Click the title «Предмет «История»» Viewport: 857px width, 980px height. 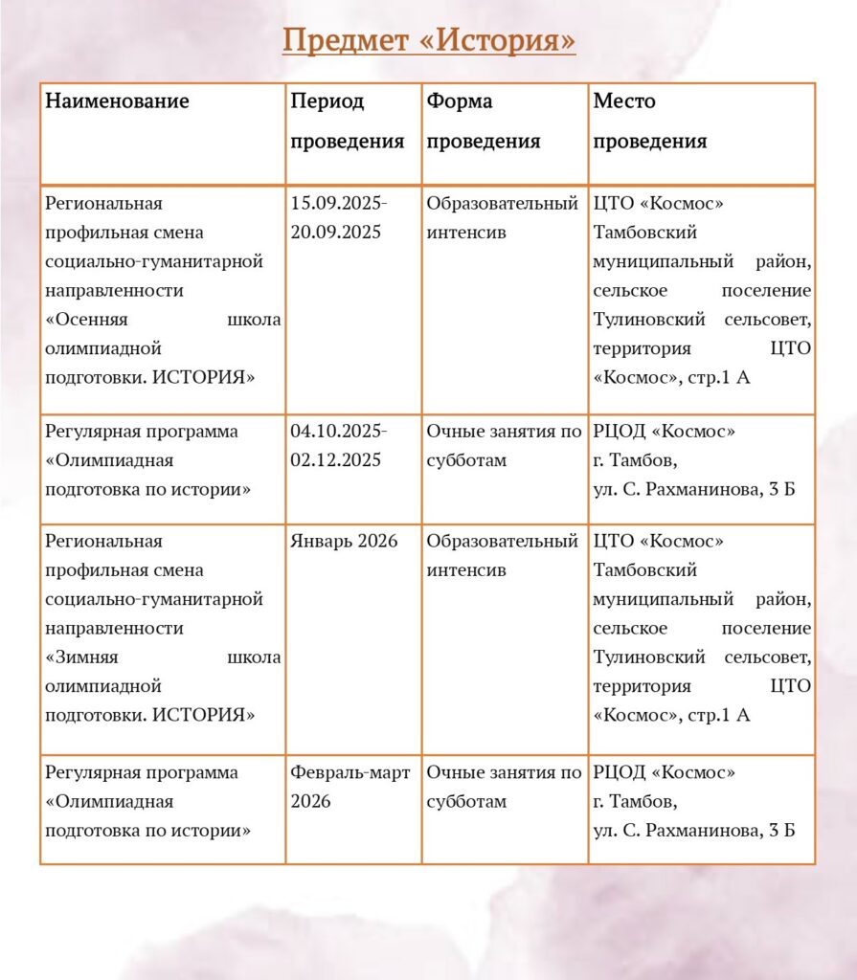(x=429, y=41)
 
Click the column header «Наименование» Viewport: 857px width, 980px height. (x=117, y=101)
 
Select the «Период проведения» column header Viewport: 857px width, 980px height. (x=347, y=121)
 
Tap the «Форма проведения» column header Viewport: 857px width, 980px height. (x=484, y=121)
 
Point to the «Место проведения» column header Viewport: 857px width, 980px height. (x=649, y=121)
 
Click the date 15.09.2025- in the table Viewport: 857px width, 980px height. (x=339, y=203)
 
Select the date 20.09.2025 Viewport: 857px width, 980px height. (x=336, y=232)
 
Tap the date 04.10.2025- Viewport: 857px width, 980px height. (x=339, y=431)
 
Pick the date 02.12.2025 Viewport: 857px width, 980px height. (x=336, y=459)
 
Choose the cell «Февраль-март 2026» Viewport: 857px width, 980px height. (x=350, y=786)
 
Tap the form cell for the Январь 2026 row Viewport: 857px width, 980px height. (x=503, y=555)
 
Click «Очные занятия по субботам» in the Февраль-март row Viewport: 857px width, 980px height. (x=504, y=786)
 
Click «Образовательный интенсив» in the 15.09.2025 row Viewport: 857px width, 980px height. (x=503, y=217)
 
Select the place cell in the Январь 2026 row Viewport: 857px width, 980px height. (x=701, y=628)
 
